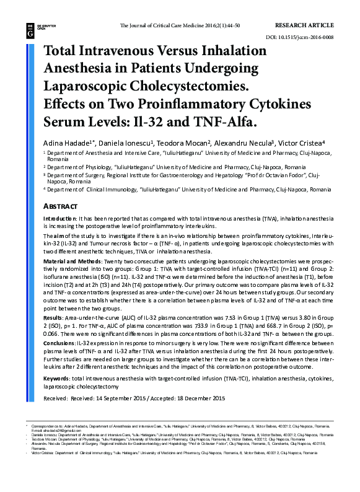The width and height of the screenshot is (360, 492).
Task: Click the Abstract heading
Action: click(60, 206)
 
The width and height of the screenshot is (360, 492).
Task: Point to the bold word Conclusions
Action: click(59, 343)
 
